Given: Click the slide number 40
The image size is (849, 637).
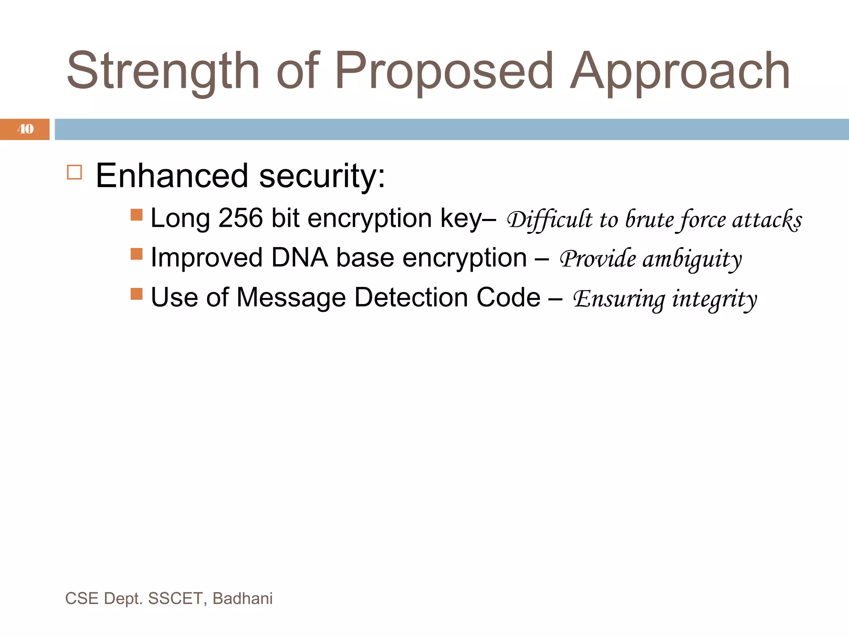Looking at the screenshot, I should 25,129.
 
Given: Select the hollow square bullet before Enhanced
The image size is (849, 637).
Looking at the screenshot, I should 75,172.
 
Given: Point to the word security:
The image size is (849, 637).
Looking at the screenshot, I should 322,176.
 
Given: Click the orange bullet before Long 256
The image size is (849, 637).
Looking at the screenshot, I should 136,215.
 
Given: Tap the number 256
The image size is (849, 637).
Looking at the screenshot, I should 240,218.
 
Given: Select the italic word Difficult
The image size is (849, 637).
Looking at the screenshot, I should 550,219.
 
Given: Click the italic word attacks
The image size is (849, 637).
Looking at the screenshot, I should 767,219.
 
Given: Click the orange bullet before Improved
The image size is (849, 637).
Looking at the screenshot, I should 136,254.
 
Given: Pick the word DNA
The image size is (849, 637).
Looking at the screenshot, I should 299,258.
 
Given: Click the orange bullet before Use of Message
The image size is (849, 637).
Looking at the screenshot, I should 136,294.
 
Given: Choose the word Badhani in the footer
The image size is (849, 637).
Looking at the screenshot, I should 243,598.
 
